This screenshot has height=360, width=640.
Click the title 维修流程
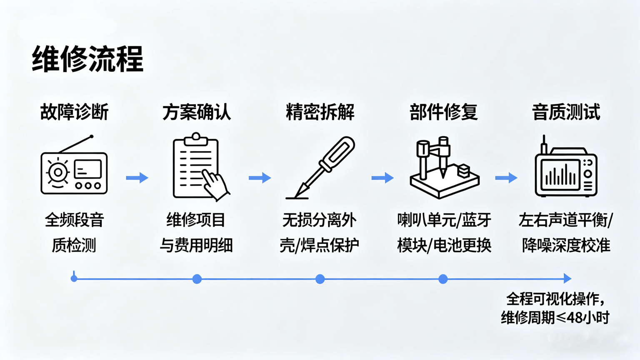87,59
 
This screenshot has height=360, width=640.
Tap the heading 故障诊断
74,112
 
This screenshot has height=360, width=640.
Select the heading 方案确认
197,112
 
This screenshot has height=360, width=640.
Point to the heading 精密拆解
320,112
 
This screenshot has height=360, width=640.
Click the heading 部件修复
443,112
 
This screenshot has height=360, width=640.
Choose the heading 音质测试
566,112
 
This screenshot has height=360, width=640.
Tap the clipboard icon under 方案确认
196,167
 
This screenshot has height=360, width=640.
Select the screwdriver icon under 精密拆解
321,167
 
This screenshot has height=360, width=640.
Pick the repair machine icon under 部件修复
444,169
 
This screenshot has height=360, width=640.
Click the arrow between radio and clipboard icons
137,178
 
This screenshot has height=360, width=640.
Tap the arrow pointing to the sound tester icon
506,178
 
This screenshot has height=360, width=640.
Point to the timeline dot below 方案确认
197,279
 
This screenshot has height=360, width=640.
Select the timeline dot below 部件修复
443,279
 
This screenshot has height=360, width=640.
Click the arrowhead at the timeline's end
567,278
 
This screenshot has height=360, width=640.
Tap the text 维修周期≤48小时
555,317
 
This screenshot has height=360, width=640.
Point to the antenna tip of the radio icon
92,136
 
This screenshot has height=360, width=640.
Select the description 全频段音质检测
74,232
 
